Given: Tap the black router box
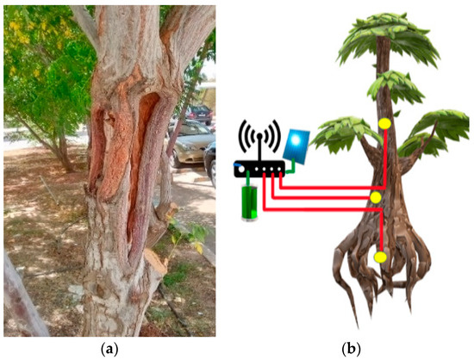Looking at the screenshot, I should coord(259,170).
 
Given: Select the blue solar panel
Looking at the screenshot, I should coord(298,146).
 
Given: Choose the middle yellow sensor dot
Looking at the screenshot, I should coord(374,199).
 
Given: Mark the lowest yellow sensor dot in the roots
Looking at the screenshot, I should coord(380,257).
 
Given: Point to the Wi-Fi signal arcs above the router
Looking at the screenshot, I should coord(259,134).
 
